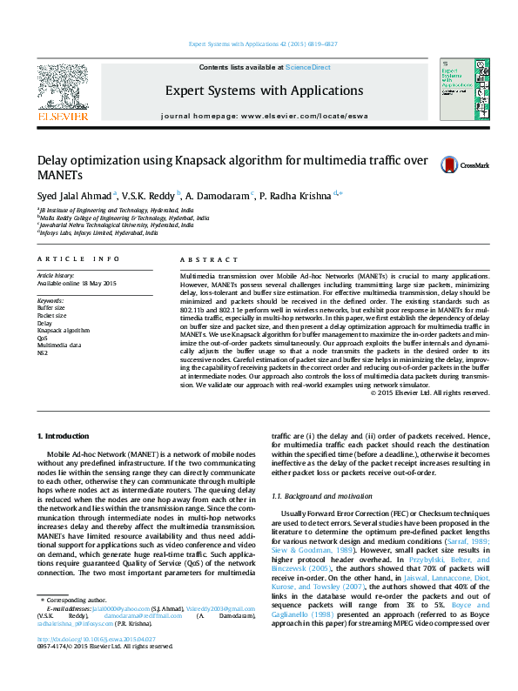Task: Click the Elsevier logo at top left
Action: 62,91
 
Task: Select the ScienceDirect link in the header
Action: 307,67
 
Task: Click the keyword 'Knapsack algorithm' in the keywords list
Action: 64,331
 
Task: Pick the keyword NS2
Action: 43,354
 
